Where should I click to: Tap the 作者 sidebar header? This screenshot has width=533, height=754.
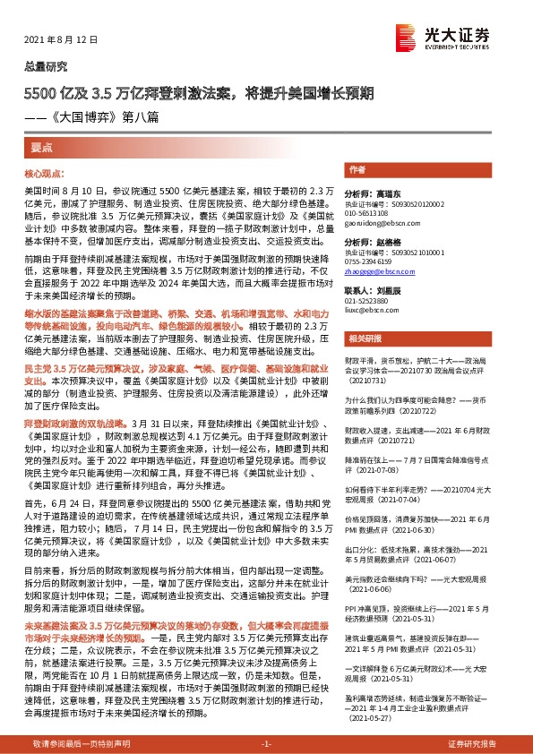point(357,169)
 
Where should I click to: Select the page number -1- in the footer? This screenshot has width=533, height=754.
point(265,744)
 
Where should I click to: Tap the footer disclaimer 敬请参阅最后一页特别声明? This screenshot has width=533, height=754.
point(82,744)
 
